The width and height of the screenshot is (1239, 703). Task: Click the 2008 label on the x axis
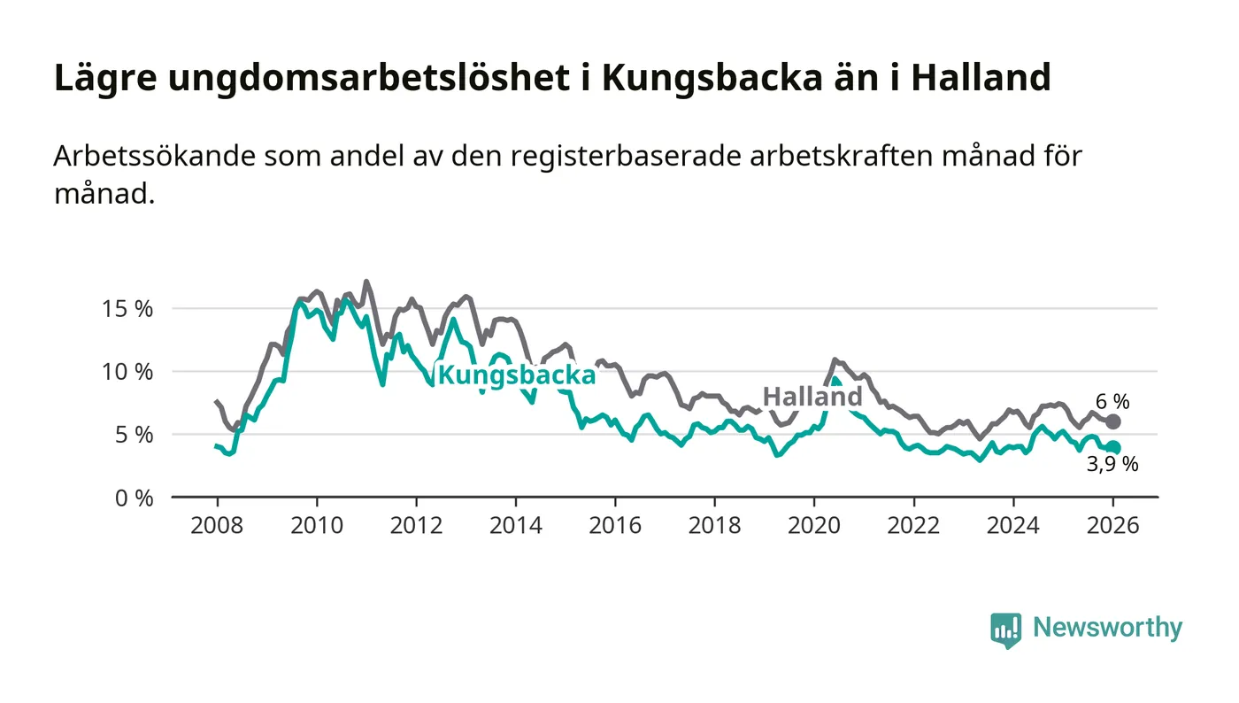[217, 524]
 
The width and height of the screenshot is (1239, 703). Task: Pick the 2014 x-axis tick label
[516, 524]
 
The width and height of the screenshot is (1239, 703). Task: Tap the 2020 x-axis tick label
[814, 524]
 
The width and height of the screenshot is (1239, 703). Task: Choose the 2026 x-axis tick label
[1113, 524]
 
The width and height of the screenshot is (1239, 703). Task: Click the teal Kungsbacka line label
[517, 375]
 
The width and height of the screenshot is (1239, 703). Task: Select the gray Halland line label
[812, 397]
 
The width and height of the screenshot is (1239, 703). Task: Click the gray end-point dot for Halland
[1113, 421]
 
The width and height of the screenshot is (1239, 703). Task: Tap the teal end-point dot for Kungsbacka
[1113, 448]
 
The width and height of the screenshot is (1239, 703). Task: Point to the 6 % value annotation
[1113, 401]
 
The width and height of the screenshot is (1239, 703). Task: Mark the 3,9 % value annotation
[1112, 464]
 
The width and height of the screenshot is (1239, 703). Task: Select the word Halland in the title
[981, 78]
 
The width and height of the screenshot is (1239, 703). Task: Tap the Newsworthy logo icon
[1005, 630]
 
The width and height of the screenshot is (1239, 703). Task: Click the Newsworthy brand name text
[1107, 628]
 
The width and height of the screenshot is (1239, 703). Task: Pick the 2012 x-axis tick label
[416, 524]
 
